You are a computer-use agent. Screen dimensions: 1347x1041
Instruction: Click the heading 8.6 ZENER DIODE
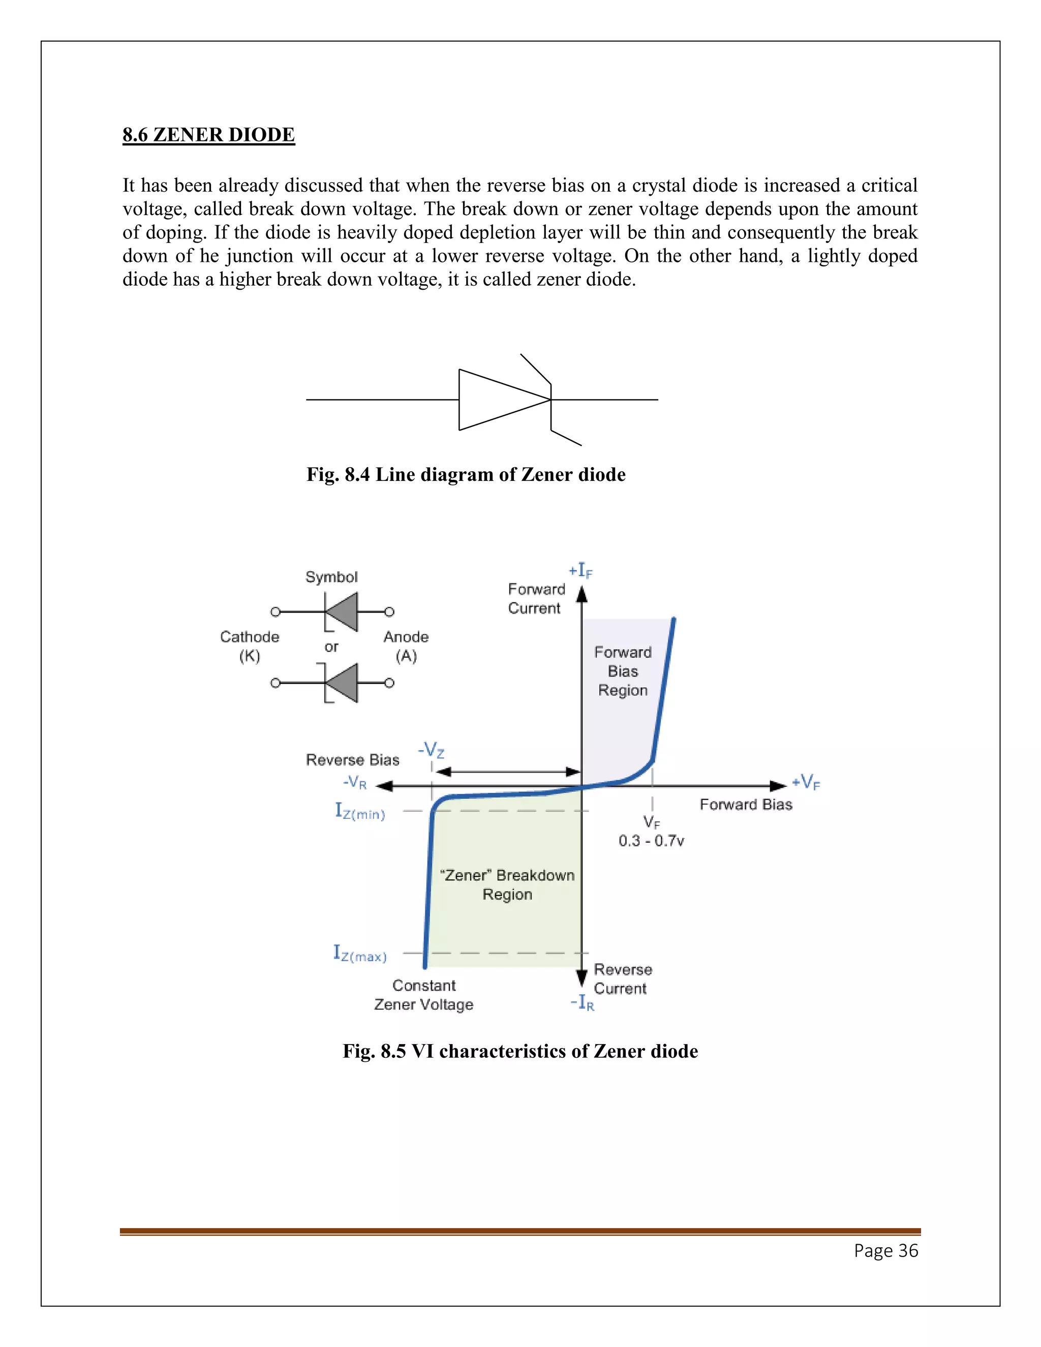208,135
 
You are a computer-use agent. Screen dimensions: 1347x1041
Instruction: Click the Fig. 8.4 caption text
466,474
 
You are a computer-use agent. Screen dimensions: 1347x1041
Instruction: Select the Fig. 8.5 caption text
520,1051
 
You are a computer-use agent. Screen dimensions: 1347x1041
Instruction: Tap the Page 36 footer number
885,1250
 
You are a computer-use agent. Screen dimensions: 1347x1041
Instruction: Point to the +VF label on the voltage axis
806,783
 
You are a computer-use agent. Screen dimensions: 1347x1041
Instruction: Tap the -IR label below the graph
582,1002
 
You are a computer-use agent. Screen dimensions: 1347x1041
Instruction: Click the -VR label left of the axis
355,783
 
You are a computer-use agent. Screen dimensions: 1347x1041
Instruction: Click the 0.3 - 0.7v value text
651,841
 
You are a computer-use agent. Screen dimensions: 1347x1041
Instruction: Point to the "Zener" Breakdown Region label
507,884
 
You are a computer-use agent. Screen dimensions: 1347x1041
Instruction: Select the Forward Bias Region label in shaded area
623,671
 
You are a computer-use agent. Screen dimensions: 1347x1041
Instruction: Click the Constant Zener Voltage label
424,995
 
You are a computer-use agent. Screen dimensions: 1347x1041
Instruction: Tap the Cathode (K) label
250,646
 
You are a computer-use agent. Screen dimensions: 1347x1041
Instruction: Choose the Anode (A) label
406,646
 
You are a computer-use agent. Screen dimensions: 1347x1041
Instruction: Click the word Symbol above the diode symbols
331,577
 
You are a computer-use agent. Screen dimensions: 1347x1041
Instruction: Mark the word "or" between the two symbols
331,647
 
